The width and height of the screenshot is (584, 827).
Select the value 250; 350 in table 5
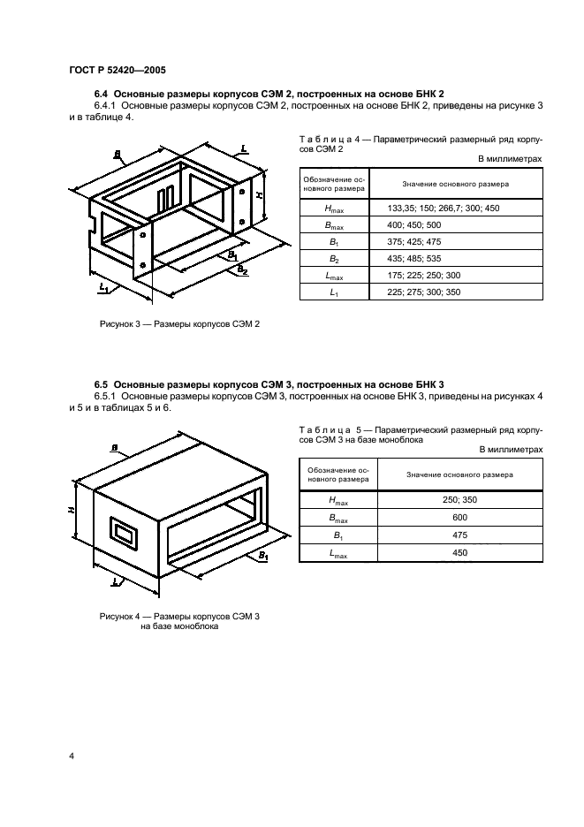(459, 500)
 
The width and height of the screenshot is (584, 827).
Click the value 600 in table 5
(459, 518)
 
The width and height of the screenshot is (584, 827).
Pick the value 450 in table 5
(459, 552)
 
